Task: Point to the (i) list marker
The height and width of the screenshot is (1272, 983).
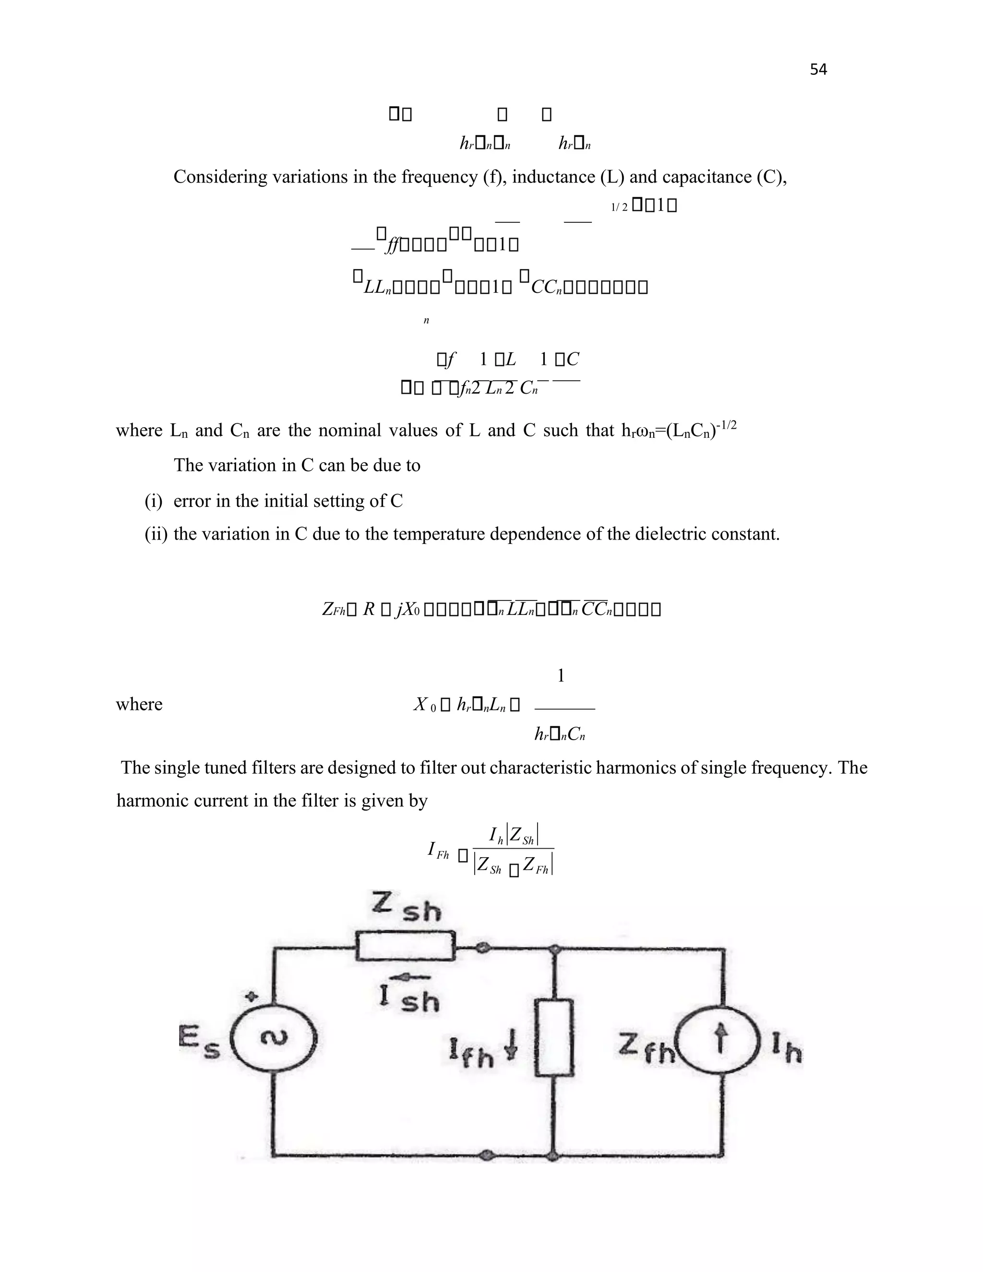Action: pos(154,501)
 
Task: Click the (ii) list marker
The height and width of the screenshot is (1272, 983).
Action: pos(156,534)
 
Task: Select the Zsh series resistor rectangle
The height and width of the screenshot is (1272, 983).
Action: pos(405,946)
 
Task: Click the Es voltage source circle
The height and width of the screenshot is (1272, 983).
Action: pos(273,1038)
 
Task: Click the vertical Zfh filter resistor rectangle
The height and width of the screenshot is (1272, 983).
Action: pos(554,1037)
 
